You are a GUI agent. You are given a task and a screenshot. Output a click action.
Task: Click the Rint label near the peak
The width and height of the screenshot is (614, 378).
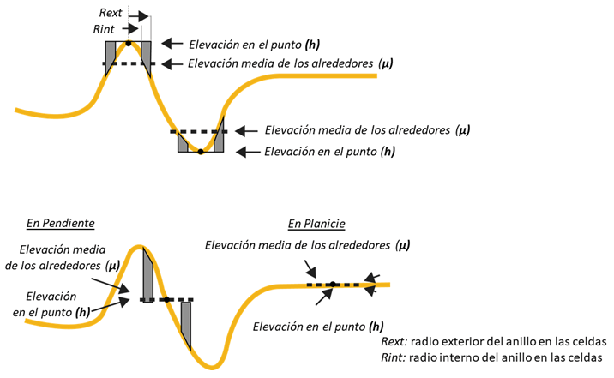point(104,29)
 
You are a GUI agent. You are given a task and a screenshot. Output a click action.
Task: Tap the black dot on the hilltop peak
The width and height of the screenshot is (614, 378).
point(129,42)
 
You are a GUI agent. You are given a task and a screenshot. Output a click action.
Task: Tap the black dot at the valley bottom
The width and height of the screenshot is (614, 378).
point(201,152)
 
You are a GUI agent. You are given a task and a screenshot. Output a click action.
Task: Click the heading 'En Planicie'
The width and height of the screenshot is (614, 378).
point(316,225)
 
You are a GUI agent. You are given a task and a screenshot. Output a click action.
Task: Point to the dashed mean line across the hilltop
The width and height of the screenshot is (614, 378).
point(129,64)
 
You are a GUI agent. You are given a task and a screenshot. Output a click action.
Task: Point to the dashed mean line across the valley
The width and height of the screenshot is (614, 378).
point(199,131)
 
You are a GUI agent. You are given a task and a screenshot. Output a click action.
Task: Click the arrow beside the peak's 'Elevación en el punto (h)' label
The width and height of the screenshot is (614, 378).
point(172,44)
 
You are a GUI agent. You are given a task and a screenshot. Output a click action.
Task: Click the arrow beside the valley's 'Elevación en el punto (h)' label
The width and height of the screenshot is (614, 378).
point(247,152)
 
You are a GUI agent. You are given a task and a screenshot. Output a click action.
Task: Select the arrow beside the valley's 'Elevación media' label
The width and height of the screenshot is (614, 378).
point(247,130)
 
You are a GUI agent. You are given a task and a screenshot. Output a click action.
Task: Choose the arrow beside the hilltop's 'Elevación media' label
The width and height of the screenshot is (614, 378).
point(172,63)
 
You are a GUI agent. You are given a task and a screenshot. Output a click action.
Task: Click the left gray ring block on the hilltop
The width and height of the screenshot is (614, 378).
point(110,53)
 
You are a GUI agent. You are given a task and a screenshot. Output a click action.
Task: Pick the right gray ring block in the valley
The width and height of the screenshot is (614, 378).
point(218,137)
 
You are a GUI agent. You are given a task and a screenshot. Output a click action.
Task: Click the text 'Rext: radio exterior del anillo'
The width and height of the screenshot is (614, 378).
point(493,340)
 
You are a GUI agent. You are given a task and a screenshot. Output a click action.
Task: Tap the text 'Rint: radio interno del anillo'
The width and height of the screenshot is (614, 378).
point(493,357)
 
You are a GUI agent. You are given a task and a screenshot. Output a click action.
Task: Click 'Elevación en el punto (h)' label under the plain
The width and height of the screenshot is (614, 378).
point(317,327)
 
